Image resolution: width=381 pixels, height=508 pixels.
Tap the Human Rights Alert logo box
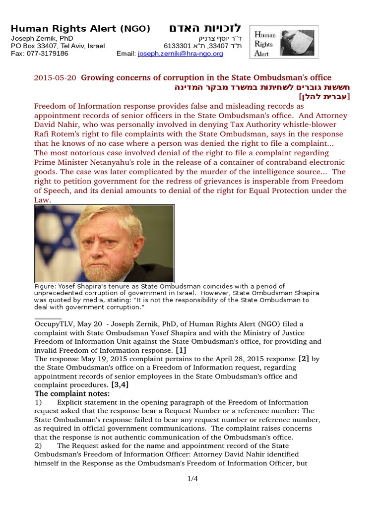[284, 42]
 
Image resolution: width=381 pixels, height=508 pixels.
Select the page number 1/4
[193, 479]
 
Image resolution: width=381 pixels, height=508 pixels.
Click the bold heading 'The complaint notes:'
[72, 394]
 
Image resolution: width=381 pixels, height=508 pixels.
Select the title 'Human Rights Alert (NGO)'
[80, 29]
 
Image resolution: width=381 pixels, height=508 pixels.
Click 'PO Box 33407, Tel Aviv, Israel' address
[58, 46]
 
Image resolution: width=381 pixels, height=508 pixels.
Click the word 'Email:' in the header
[126, 54]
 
